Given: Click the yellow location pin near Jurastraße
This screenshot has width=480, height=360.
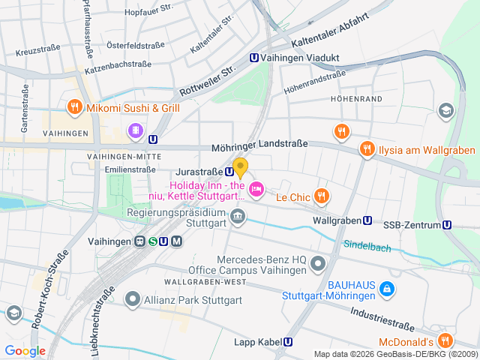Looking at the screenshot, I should pos(240,167).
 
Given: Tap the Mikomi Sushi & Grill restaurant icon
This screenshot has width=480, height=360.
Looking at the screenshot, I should pos(74,107).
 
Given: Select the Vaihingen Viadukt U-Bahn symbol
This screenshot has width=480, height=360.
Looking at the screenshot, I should pos(254,57).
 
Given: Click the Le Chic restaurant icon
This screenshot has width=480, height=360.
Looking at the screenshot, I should pos(321,196).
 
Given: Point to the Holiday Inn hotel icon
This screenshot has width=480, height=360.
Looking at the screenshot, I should pos(256,189).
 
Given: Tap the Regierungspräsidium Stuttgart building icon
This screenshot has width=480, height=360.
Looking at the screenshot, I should pos(238,217).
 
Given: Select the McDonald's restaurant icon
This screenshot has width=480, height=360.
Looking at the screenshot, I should pos(445,340).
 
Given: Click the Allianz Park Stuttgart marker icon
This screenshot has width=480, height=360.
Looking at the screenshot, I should pos(133,300).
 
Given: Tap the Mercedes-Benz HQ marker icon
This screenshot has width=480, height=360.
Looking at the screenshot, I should pos(319,263).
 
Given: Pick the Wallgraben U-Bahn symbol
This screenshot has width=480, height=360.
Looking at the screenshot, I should pos(367,220).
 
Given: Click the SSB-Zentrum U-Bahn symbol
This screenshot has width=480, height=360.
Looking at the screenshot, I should pos(447,225).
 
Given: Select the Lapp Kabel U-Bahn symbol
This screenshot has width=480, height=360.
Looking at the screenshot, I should pos(288,342).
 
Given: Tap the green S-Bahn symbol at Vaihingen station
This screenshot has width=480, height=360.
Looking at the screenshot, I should pos(152,241).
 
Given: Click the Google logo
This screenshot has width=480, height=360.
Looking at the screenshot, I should pos(25,350).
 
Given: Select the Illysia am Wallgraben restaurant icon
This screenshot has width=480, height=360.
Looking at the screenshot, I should pos(367,149).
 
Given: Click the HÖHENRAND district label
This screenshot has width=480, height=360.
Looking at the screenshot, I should pos(350,98).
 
